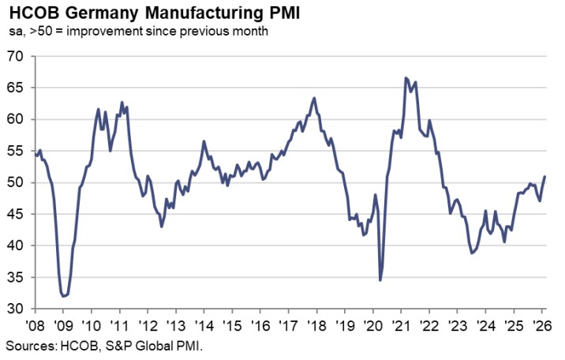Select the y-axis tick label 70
point(16,57)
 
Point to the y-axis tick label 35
point(16,278)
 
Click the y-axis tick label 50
point(16,183)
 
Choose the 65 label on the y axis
point(16,88)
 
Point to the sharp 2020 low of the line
point(380,280)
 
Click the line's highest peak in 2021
point(406,78)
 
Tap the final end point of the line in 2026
point(545,176)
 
